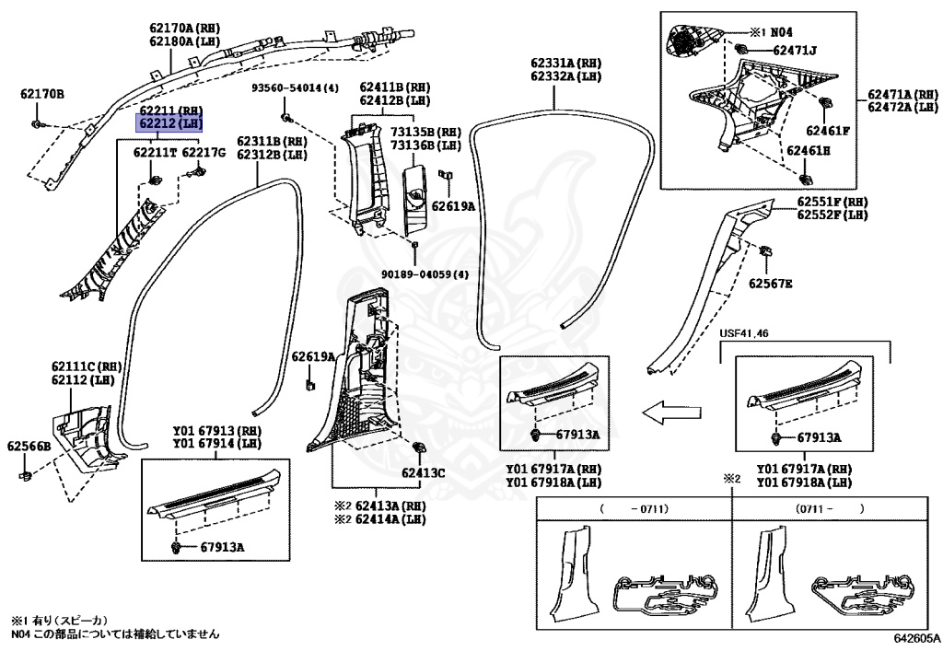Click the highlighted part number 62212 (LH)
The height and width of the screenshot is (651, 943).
[169, 122]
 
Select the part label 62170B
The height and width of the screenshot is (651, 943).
[42, 94]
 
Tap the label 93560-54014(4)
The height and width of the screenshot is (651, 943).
[296, 87]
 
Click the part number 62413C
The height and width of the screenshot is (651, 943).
[423, 474]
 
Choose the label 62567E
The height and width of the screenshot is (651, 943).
[770, 284]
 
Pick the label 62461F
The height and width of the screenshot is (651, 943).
[828, 130]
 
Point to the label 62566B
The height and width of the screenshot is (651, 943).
[29, 447]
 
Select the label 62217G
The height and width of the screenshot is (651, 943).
[204, 152]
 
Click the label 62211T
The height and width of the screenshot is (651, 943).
[156, 152]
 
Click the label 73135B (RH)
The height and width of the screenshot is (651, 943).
[425, 133]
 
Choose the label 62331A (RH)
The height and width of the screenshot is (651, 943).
[565, 64]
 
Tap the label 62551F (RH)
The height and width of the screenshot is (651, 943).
[832, 201]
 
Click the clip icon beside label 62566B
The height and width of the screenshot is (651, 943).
[28, 475]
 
